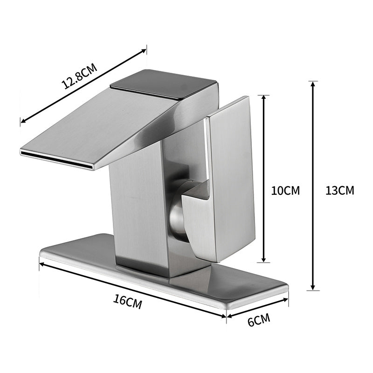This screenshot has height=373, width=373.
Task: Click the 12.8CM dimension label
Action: click(x=79, y=76)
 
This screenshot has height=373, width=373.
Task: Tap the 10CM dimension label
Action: click(x=285, y=190)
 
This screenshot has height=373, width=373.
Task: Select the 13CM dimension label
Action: click(x=339, y=190)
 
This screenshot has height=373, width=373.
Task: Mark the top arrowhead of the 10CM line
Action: click(x=264, y=98)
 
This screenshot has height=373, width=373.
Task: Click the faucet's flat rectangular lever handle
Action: click(x=228, y=177)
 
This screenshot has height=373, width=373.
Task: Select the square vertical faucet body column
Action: click(x=138, y=210)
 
